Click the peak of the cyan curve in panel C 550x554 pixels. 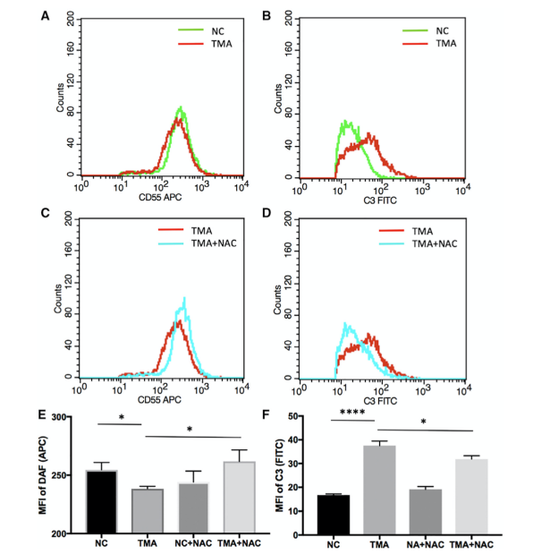point(185,298)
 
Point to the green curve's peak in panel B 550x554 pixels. point(343,121)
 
